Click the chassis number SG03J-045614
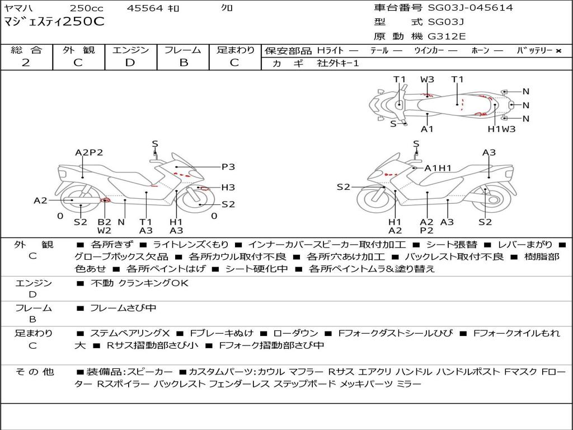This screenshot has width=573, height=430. (x=470, y=8)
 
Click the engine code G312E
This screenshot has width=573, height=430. (x=447, y=36)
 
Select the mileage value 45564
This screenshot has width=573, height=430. (x=145, y=8)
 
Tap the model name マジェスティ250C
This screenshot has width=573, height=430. (x=54, y=22)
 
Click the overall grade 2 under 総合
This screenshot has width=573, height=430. (x=26, y=63)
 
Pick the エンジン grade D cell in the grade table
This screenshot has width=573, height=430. (x=130, y=63)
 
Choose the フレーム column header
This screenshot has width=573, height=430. (x=183, y=50)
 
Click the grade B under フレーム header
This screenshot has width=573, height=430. (x=183, y=63)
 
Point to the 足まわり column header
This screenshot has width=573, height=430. (x=236, y=50)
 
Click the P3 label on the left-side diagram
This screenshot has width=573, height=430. (x=228, y=166)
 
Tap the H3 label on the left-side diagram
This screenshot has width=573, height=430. (x=228, y=188)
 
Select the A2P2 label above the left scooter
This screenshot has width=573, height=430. (x=89, y=152)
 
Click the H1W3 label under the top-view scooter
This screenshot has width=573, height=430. (x=501, y=129)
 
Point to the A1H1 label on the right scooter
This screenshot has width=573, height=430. (x=438, y=168)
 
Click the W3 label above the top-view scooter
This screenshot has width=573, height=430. (x=428, y=80)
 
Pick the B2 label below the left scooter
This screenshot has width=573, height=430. (x=105, y=222)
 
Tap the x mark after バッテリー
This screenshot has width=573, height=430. (x=558, y=51)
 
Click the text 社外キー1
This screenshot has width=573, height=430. (x=338, y=63)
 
